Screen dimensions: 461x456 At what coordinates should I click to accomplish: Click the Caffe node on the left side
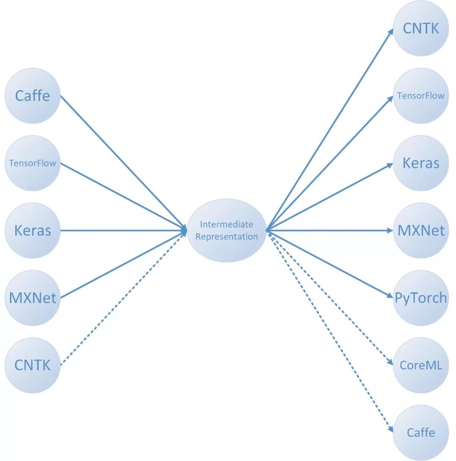tap(33, 96)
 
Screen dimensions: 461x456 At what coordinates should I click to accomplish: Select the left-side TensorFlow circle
tap(33, 163)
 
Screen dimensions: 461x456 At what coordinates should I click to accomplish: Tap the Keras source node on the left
tap(33, 231)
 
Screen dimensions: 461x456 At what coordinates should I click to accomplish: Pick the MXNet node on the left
tap(33, 298)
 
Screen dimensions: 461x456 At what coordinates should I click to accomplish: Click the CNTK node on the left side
tap(33, 365)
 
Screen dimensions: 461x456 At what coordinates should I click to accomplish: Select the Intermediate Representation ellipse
tap(227, 231)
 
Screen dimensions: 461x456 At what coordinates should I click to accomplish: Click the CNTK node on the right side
tap(421, 28)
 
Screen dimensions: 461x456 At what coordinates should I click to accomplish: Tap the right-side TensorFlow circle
tap(421, 96)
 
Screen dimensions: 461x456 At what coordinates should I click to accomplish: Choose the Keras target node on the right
tap(421, 163)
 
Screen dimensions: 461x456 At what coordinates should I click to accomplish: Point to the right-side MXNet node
tap(421, 231)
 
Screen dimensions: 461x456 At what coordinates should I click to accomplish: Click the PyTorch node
tap(421, 298)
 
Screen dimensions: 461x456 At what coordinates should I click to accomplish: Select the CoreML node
tap(421, 365)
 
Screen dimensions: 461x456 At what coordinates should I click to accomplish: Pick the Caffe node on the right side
tap(421, 433)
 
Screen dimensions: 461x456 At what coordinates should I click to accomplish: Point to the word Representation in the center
tap(227, 237)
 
